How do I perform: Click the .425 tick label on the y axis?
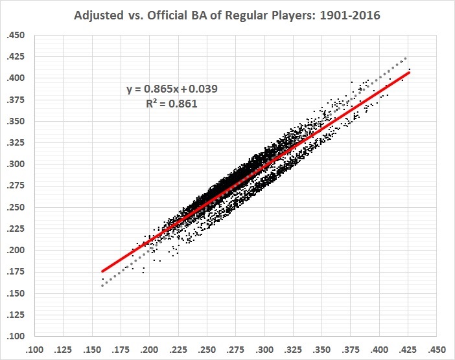(x=14, y=57)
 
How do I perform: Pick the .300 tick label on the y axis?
(x=14, y=164)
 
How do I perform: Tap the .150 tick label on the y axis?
(x=14, y=293)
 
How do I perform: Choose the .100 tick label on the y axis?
(x=14, y=336)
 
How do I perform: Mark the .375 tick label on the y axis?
(x=14, y=100)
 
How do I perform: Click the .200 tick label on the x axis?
(x=150, y=348)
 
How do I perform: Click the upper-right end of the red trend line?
(x=409, y=72)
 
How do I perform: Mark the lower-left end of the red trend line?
(x=102, y=271)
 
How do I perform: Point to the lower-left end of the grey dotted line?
(x=102, y=286)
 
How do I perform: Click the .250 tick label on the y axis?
(x=14, y=207)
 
